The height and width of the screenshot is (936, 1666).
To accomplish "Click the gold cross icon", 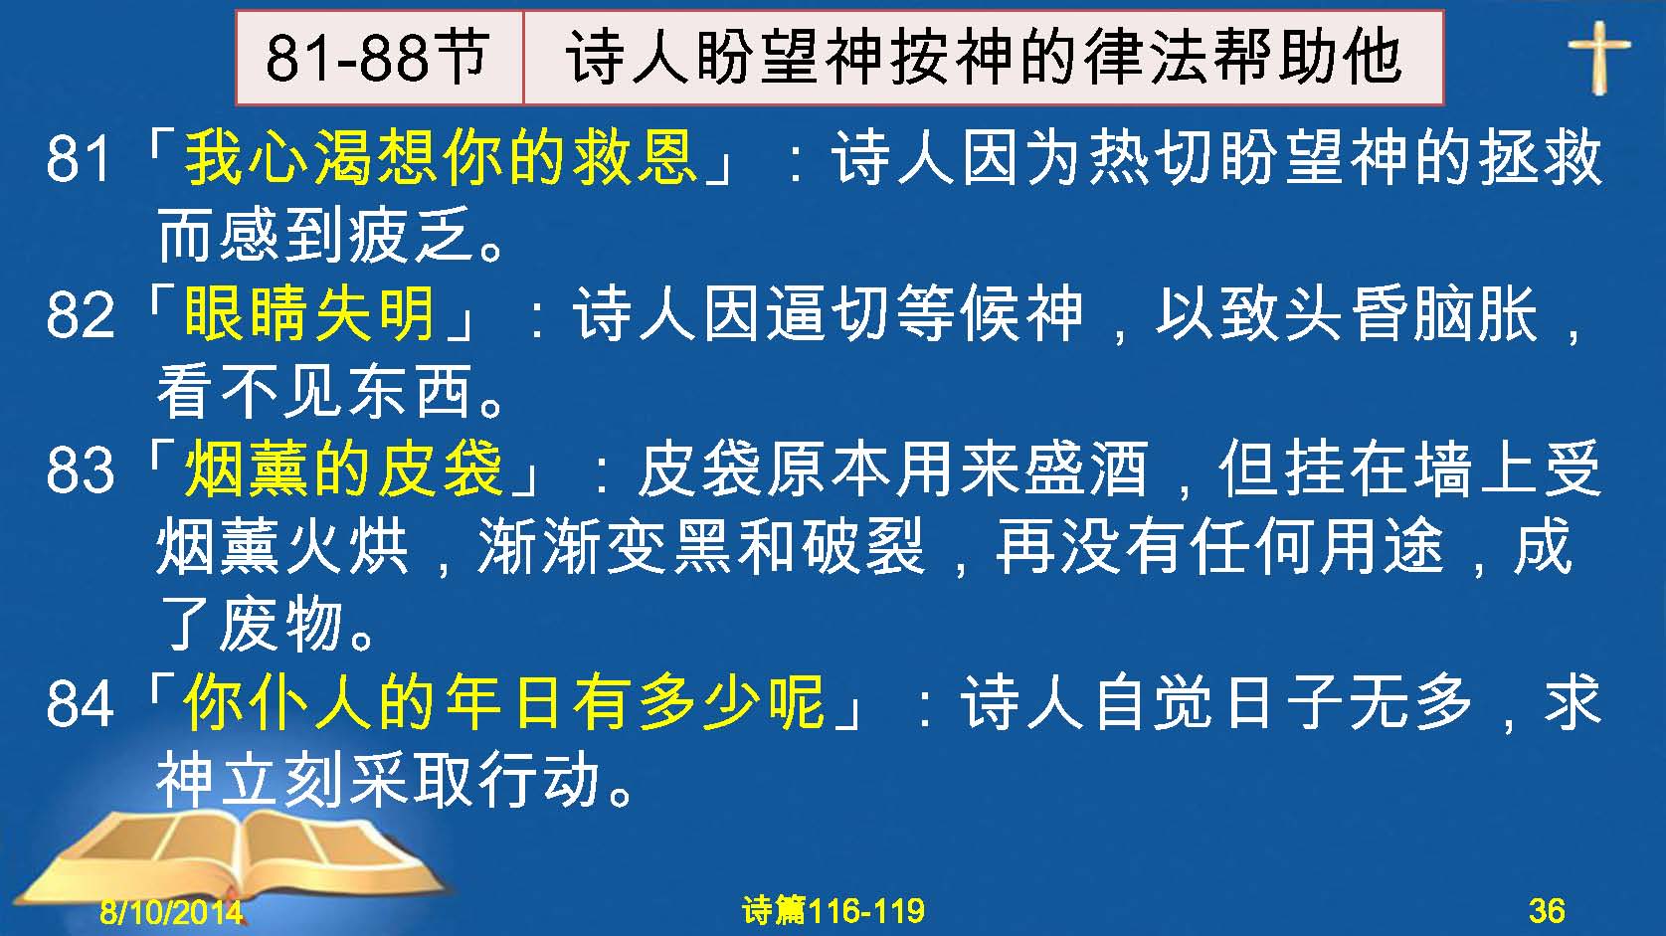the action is (x=1599, y=57).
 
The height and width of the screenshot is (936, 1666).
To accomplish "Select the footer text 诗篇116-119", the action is (x=833, y=910).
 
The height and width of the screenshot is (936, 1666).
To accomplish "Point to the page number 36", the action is (x=1547, y=910).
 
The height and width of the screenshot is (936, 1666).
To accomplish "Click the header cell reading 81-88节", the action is (x=379, y=58).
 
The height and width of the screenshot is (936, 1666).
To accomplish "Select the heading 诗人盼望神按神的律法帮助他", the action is (x=984, y=58).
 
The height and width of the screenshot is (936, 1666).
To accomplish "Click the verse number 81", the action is (x=80, y=158).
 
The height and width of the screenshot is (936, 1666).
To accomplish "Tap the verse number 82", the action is (x=80, y=314).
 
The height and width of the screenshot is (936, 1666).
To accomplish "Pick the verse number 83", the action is (x=80, y=469).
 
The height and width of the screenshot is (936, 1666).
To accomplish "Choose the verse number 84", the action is (x=80, y=703).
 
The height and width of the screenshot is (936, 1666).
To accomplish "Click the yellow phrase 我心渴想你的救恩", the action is (x=441, y=158).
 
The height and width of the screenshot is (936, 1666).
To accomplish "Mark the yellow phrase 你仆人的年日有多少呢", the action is (x=504, y=702).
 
